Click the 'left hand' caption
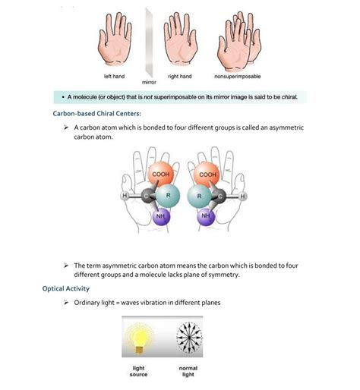(115, 77)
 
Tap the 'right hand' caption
(179, 77)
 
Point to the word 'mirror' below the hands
(149, 82)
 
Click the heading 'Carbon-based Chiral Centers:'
(96, 113)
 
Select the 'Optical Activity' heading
(68, 288)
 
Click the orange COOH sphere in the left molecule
(160, 177)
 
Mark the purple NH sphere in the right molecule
(207, 217)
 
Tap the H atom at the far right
(244, 197)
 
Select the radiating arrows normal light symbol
(188, 336)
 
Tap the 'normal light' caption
(188, 371)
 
